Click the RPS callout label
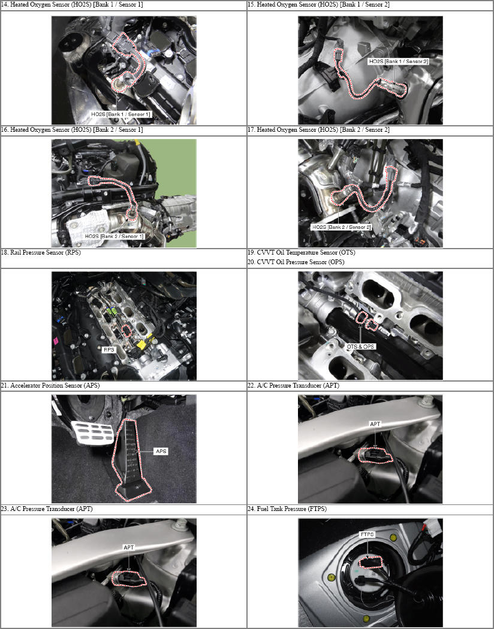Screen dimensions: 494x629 point(109,350)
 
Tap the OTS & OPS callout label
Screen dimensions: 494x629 point(360,347)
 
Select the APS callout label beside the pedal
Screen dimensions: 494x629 point(161,451)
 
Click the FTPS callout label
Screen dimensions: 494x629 point(367,534)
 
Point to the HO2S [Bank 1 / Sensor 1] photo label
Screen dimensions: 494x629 point(121,114)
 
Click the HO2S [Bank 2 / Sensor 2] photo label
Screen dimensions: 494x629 point(342,227)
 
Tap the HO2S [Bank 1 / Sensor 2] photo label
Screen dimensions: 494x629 point(399,61)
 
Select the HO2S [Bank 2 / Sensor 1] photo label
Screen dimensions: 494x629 point(114,237)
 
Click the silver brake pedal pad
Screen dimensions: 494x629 point(92,433)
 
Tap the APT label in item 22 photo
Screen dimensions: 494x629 point(375,424)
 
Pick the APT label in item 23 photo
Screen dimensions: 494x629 point(128,548)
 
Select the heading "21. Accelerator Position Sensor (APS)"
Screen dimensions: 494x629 point(50,386)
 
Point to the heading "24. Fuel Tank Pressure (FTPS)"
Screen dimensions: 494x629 point(287,509)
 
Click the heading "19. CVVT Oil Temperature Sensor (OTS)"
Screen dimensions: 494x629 point(301,253)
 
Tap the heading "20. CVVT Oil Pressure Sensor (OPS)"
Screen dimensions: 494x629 point(296,262)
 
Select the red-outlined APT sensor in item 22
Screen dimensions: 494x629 point(375,455)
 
